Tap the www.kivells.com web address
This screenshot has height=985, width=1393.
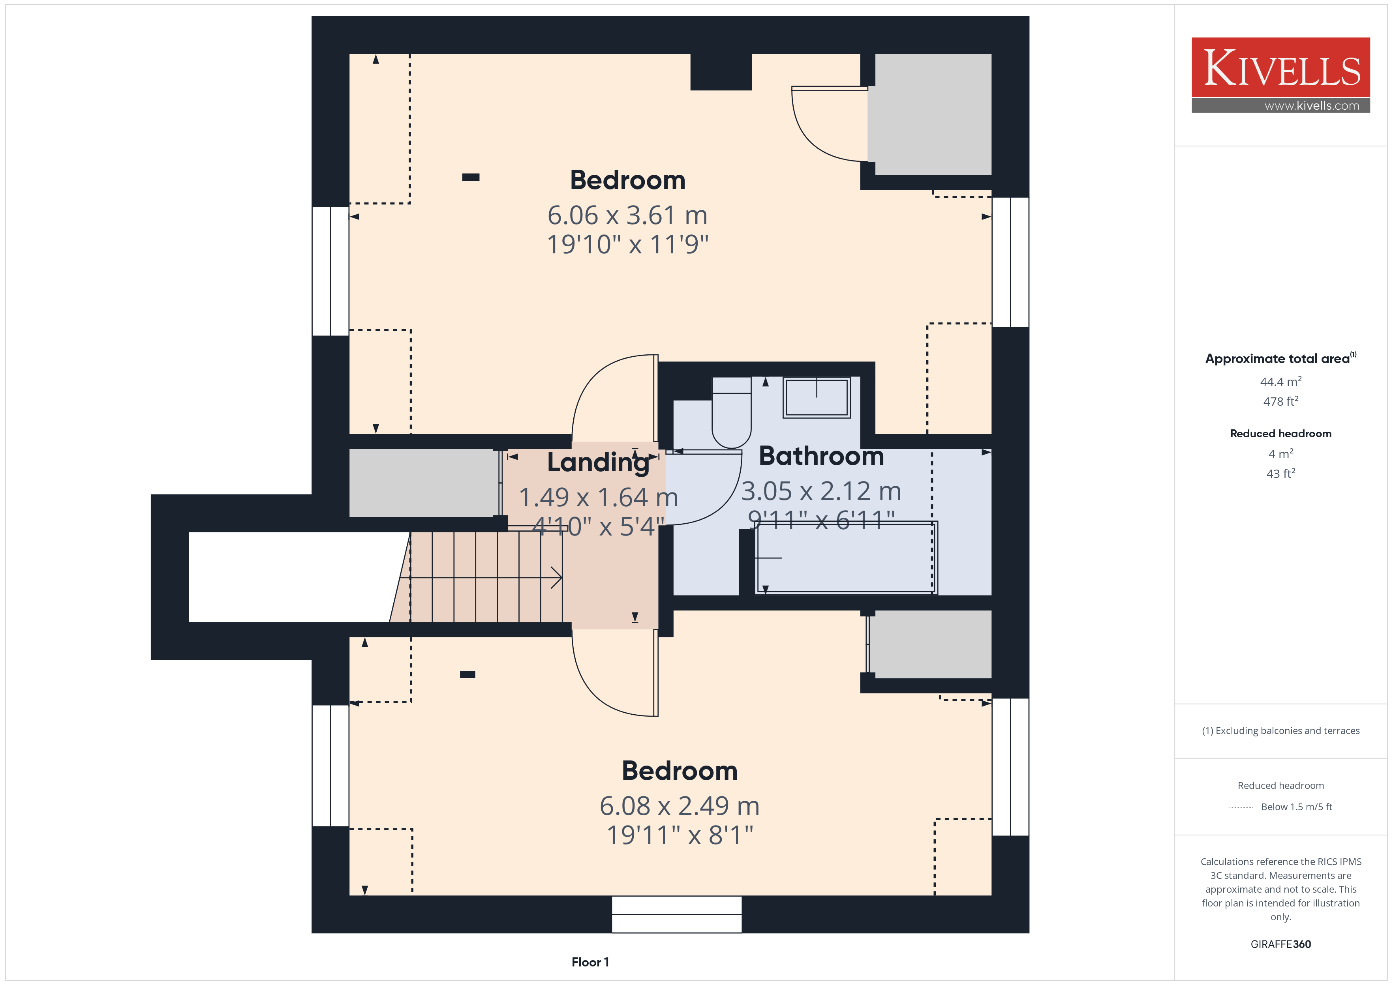(x=1312, y=105)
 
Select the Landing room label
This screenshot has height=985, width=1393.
(x=598, y=462)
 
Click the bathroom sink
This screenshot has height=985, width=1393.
(x=817, y=397)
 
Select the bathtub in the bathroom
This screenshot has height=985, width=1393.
(x=846, y=557)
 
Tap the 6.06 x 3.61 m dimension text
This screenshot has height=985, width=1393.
(x=627, y=215)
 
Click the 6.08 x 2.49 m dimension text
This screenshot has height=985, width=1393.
(x=680, y=806)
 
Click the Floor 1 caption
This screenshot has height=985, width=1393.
(x=590, y=962)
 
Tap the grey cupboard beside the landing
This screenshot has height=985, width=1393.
(x=424, y=483)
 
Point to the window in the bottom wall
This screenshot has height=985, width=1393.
(x=676, y=914)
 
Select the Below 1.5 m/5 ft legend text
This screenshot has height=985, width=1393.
(x=1297, y=807)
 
